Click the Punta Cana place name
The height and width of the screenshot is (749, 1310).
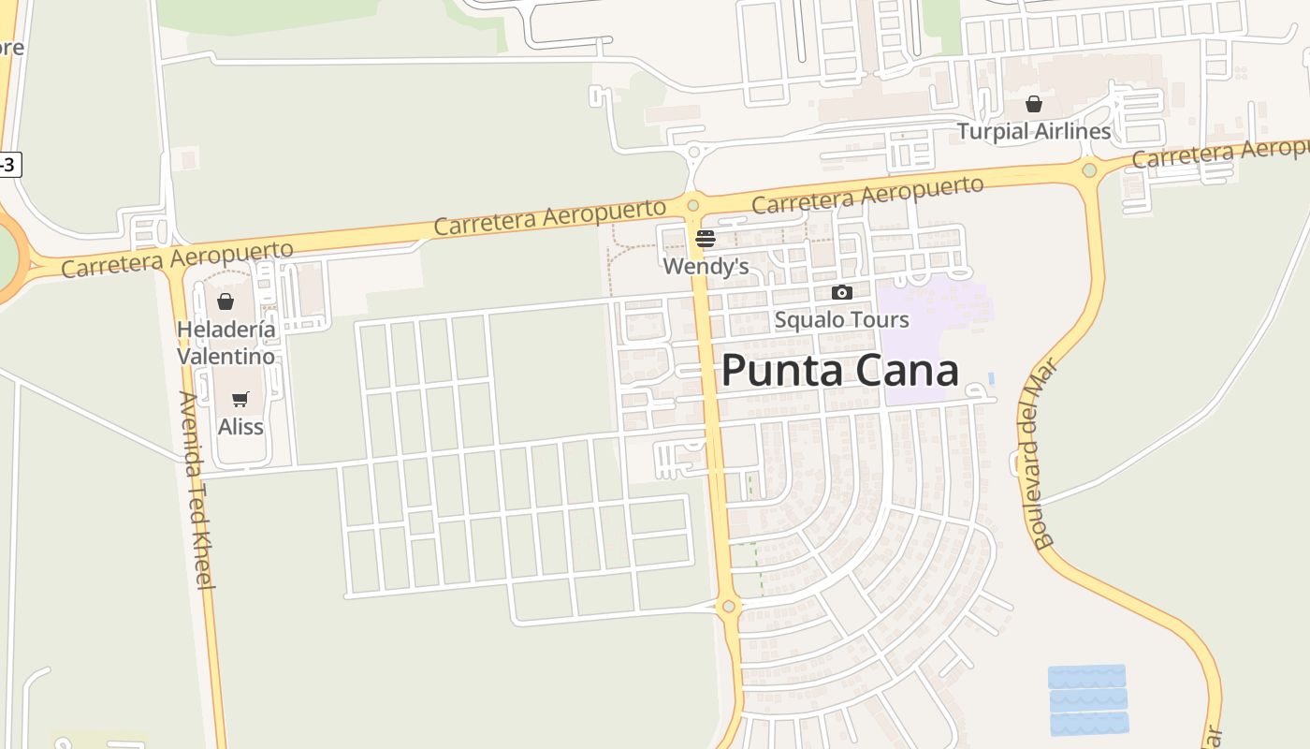[x=839, y=371]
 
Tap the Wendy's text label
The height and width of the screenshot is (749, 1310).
[x=706, y=267]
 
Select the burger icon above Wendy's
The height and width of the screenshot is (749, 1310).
[x=706, y=239]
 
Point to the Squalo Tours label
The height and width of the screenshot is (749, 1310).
[x=841, y=320]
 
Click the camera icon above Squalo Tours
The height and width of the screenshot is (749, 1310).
[x=841, y=293]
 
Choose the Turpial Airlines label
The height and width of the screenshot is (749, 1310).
[x=1033, y=131]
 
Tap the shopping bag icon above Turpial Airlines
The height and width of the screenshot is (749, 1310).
[x=1034, y=103]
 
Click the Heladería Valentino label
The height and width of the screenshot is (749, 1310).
[x=226, y=343]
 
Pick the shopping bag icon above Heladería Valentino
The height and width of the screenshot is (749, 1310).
[x=225, y=301]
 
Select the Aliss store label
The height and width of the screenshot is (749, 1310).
[x=240, y=427]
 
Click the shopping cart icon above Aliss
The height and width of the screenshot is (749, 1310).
[x=240, y=400]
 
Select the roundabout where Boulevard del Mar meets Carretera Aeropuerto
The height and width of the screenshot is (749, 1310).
[x=1089, y=170]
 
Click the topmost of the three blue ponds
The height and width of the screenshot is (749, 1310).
[x=1086, y=676]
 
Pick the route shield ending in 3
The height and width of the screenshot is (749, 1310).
[x=7, y=165]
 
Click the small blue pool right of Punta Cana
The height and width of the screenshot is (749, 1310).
[x=991, y=379]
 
